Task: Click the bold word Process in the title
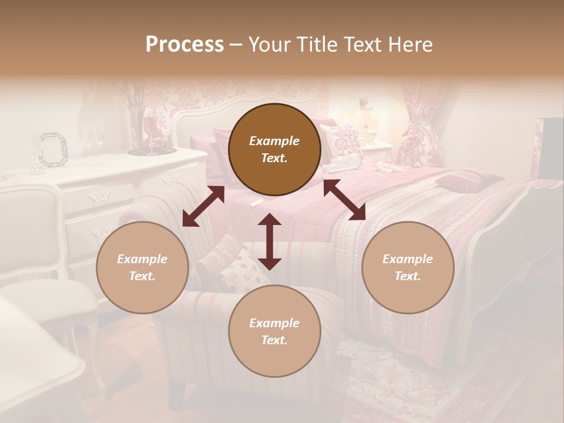point(184,45)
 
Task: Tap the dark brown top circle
point(274,149)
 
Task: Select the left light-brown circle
point(142,267)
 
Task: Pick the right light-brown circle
point(408,267)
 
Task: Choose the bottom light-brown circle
point(274,331)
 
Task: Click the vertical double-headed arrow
point(270,241)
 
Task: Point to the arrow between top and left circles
point(203,206)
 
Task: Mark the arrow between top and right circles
point(344,200)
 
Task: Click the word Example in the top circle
point(274,141)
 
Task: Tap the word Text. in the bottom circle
point(274,340)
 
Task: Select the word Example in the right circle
point(408,259)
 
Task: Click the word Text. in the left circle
point(142,276)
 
